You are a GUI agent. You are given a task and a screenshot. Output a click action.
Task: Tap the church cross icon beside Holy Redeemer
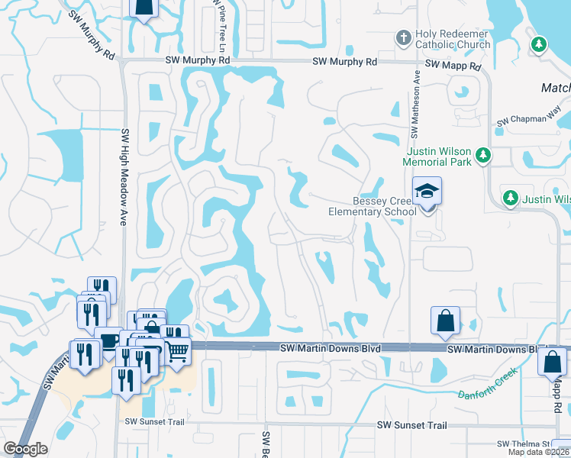point(403,37)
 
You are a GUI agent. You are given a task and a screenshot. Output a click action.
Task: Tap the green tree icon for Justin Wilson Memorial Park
point(482,156)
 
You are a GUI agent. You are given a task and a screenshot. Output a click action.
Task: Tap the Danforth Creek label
point(488,385)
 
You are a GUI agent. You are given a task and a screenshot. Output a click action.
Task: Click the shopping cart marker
point(177,351)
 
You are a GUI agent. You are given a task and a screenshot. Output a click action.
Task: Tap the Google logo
point(26,449)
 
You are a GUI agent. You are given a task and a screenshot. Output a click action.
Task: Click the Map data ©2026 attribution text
point(539,452)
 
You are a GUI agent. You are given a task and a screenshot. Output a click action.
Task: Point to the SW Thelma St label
point(523,443)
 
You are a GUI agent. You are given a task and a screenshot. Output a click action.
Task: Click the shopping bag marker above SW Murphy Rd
point(143,6)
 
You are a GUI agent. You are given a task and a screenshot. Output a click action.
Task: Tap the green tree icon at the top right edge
point(539,45)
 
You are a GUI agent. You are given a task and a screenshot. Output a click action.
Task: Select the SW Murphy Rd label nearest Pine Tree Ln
point(197,60)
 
